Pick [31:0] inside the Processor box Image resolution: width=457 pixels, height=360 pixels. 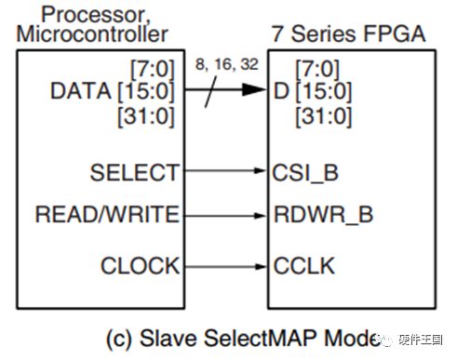click(149, 116)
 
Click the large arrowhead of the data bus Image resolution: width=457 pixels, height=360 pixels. click(253, 90)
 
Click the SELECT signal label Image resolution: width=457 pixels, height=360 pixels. click(134, 172)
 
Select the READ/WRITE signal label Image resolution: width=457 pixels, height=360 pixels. click(107, 215)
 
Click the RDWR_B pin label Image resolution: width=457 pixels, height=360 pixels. click(323, 215)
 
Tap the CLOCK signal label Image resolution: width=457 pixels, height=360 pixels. click(139, 266)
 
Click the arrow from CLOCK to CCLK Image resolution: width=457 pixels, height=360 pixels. click(223, 266)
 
